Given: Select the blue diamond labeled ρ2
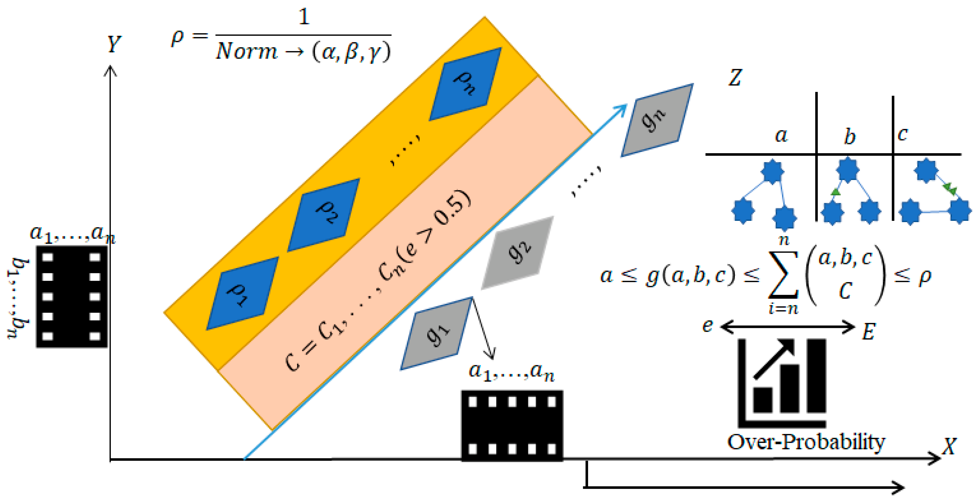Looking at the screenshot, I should pos(323,215).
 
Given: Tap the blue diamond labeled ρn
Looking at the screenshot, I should pos(465,84).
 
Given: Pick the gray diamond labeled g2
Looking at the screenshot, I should pos(517,252).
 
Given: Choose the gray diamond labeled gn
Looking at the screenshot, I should pos(657,120).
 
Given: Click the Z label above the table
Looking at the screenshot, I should pos(735,78).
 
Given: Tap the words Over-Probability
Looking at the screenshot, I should pos(806,442).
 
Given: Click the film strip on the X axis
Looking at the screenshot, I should pos(512,425).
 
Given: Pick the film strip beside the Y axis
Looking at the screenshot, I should pos(71,297).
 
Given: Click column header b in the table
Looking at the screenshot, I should pos(850,136).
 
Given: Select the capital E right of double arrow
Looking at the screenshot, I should pos(868,332).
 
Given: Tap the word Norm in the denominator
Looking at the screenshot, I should pos(246,51).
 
